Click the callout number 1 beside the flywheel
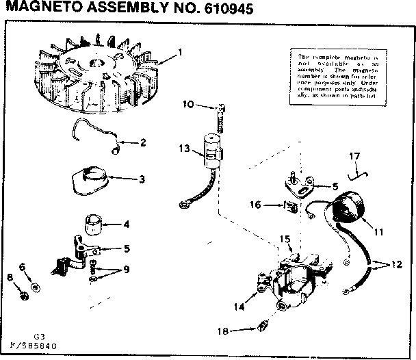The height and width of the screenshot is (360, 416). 179,52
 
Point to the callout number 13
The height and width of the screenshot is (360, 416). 183,149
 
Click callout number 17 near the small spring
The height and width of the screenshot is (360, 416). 354,157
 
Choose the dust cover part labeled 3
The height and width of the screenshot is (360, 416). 91,178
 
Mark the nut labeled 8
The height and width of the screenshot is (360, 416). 23,295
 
